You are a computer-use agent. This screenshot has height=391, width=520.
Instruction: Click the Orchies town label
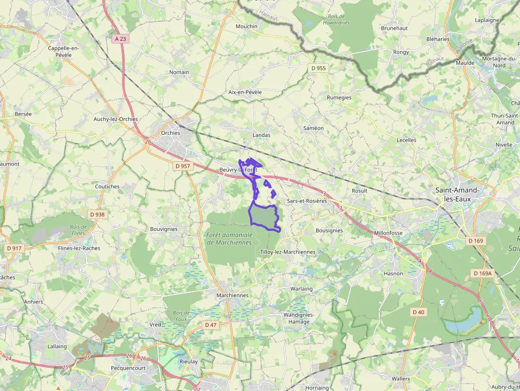(171, 133)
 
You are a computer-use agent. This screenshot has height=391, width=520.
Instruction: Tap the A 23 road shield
(120, 39)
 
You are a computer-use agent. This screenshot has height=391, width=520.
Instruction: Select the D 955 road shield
(318, 68)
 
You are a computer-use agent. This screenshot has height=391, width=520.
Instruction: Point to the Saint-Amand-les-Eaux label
(457, 194)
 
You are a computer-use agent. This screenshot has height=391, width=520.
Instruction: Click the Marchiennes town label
(232, 295)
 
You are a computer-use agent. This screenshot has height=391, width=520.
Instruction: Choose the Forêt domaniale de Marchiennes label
(229, 238)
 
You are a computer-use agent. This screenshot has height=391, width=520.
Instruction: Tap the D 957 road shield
(183, 166)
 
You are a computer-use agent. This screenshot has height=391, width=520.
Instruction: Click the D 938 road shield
(98, 214)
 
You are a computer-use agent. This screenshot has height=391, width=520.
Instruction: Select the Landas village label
(262, 135)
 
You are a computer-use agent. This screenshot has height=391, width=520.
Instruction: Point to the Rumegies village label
(339, 98)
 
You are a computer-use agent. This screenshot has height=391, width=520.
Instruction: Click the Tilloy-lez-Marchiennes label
(288, 252)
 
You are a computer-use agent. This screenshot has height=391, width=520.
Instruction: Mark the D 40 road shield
(418, 312)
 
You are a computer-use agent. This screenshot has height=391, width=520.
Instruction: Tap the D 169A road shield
(483, 273)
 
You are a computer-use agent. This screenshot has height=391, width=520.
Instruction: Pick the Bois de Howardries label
(336, 20)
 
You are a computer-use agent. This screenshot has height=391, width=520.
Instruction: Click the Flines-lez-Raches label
(79, 248)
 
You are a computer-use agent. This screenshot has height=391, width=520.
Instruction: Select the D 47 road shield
(211, 325)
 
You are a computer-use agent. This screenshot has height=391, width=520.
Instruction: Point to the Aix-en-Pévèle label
(245, 92)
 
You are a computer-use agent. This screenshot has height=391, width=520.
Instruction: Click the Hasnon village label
(393, 273)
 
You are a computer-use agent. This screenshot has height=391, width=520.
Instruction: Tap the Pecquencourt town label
(128, 368)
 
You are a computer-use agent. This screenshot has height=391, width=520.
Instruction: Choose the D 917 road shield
(15, 248)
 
